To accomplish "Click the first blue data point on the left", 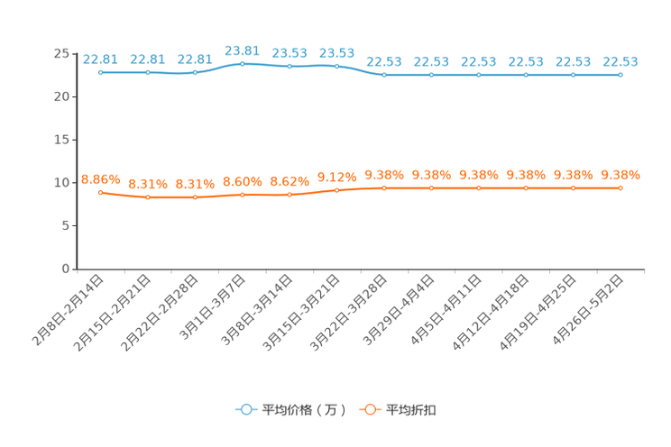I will click(x=100, y=72).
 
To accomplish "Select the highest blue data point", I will click(x=242, y=63).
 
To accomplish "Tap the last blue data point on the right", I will click(x=620, y=76).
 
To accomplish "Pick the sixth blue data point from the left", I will click(x=336, y=66).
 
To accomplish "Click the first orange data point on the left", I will click(x=100, y=192).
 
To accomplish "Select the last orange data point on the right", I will click(x=620, y=187).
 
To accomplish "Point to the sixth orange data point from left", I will click(x=336, y=190).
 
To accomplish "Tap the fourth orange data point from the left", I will click(x=242, y=195).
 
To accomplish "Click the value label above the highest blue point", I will click(x=242, y=50).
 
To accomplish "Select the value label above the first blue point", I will click(x=100, y=59).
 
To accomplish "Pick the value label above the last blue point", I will click(x=620, y=61).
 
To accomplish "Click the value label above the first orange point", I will click(x=100, y=178).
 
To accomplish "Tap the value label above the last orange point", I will click(x=620, y=174).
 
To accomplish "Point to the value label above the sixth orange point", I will click(x=336, y=177).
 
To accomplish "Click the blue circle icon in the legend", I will click(x=245, y=409).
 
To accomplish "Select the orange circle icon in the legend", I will click(x=370, y=409).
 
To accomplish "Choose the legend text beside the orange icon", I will click(x=412, y=410).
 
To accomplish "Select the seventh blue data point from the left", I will click(x=384, y=75).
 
